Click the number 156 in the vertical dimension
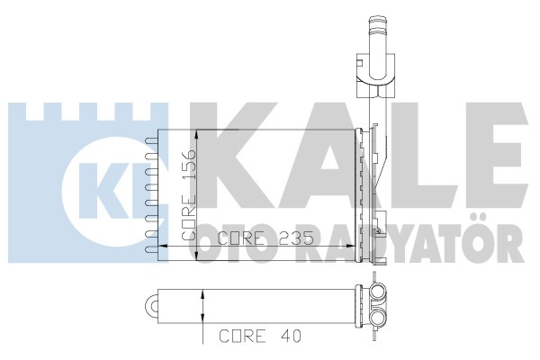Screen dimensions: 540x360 click(x=189, y=164)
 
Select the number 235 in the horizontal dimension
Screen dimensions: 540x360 click(x=296, y=238)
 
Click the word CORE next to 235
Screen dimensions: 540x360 click(x=241, y=238)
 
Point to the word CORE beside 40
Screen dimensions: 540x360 click(x=243, y=336)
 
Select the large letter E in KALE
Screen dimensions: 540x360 click(x=499, y=156)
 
